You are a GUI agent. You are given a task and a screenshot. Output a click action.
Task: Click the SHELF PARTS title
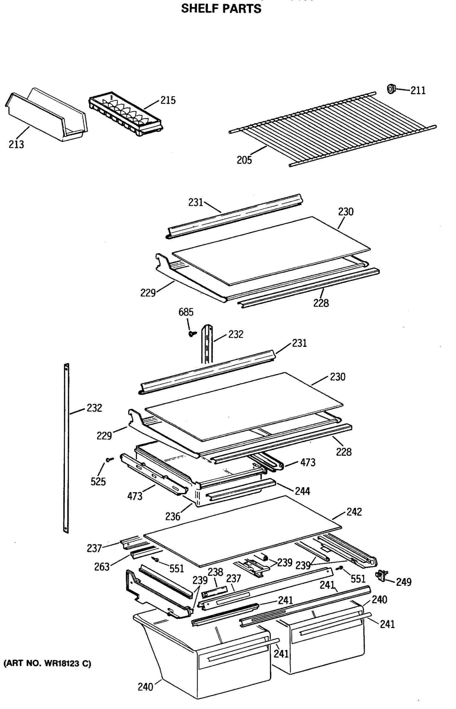(221, 9)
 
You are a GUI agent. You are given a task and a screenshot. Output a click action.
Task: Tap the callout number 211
(418, 90)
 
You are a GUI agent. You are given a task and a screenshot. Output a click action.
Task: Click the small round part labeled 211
(392, 88)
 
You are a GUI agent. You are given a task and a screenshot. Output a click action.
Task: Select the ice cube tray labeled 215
(126, 114)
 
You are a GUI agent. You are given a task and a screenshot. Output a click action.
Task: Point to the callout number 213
(16, 144)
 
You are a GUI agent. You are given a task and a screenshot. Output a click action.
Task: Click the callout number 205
(244, 160)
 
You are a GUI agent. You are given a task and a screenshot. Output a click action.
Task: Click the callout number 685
(186, 312)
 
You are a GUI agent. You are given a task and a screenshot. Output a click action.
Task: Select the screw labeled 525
(110, 460)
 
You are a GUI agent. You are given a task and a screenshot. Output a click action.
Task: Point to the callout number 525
(98, 482)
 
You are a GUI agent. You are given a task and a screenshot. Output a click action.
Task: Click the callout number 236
(173, 516)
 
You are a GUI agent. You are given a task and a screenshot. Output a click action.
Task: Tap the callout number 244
(302, 491)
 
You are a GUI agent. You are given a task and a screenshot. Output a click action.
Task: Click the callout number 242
(354, 512)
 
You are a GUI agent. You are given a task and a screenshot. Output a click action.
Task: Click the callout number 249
(404, 582)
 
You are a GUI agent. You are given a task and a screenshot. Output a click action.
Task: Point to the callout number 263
(102, 567)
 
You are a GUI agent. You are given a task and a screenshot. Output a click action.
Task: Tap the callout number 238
(215, 572)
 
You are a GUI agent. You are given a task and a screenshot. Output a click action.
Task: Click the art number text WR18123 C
(47, 664)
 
